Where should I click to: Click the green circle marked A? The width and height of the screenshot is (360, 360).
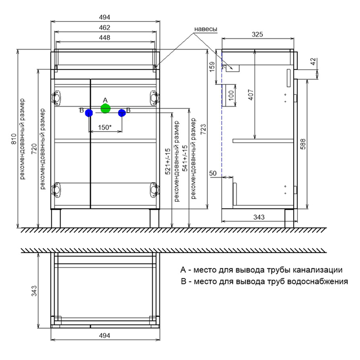[x=105, y=109]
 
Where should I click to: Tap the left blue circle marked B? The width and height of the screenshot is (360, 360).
[x=89, y=112]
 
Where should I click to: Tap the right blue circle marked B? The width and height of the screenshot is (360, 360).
[x=122, y=112]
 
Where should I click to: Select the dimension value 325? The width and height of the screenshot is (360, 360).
[x=258, y=34]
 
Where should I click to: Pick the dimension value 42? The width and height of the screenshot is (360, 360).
[x=314, y=61]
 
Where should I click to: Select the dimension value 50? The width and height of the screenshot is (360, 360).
[x=213, y=174]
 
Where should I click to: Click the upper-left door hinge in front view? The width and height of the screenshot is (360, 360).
[x=57, y=98]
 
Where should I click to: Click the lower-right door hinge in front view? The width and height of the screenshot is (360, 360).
[x=153, y=189]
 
